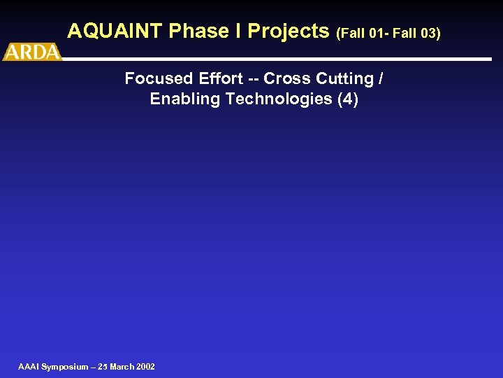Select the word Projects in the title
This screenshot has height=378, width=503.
point(289,31)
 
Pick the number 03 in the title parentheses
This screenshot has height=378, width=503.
point(427,33)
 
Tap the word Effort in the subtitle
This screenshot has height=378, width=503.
point(218,78)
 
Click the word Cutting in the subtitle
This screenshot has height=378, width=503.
point(342,79)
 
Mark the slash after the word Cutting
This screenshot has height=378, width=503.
point(380,78)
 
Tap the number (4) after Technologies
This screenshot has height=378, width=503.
point(348,99)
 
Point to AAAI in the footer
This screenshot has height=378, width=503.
point(29,367)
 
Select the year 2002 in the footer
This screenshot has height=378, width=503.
point(146,367)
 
